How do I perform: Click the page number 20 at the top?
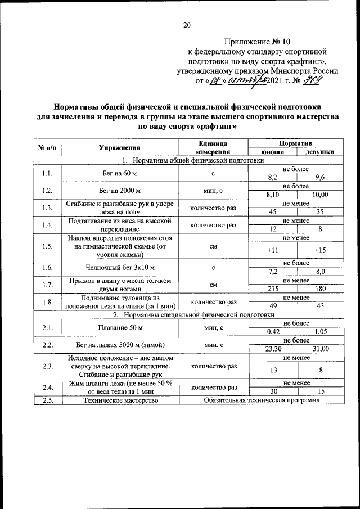tap(187, 24)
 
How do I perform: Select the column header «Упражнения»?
tap(119, 148)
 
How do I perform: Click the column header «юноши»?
tap(272, 152)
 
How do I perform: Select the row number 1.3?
tap(47, 208)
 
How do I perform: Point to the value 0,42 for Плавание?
tap(272, 331)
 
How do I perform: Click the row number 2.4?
tap(47, 387)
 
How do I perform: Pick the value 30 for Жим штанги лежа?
tap(272, 391)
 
